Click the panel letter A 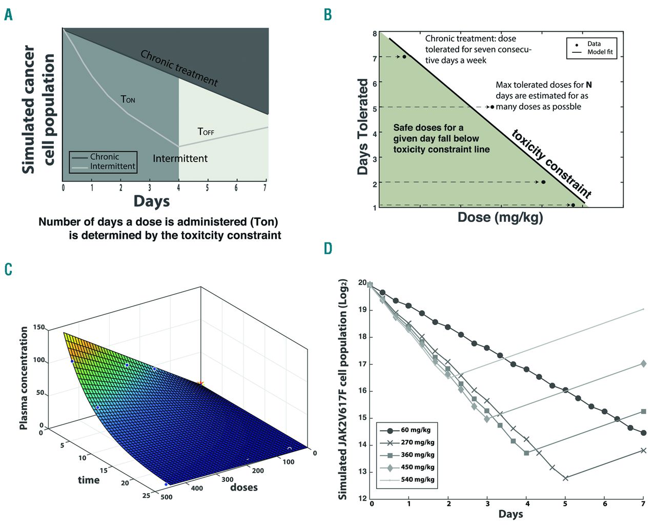coord(8,14)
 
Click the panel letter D coord(329,249)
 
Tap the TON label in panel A coord(128,99)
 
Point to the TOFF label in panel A coord(206,132)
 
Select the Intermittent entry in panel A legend coord(112,166)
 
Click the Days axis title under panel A coord(152,201)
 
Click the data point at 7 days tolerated coord(404,57)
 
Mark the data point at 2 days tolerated coord(543,182)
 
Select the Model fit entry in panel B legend coord(600,52)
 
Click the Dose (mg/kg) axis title coord(500,217)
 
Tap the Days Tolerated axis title coord(363,127)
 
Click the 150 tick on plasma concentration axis coord(39,327)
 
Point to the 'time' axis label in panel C coord(89,480)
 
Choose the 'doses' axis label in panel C coord(244,487)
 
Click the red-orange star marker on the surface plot coord(200,383)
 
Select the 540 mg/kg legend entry coord(417,479)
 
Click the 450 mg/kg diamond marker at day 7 coord(643,364)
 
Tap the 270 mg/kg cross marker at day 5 coord(565,478)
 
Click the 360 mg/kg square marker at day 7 coord(643,412)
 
